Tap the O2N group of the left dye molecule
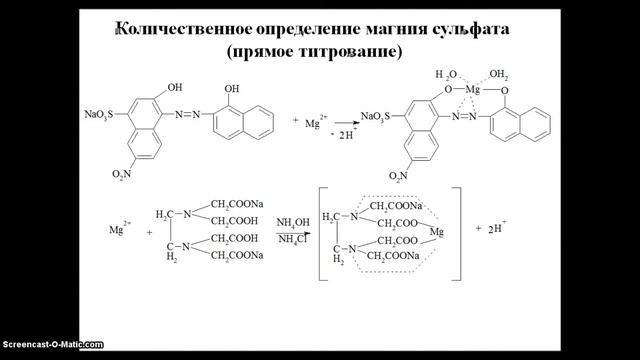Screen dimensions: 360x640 pyautogui.click(x=94, y=177)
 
